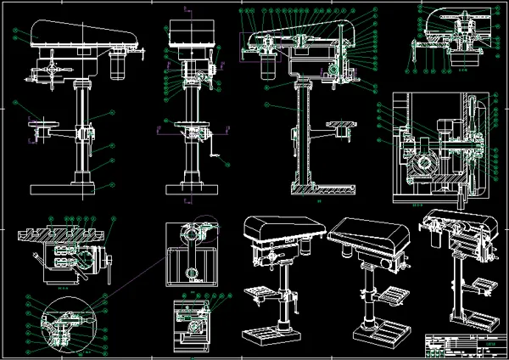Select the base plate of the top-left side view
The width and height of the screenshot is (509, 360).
(71, 188)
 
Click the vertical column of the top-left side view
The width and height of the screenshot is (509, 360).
(83, 127)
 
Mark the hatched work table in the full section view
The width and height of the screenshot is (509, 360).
(341, 128)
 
